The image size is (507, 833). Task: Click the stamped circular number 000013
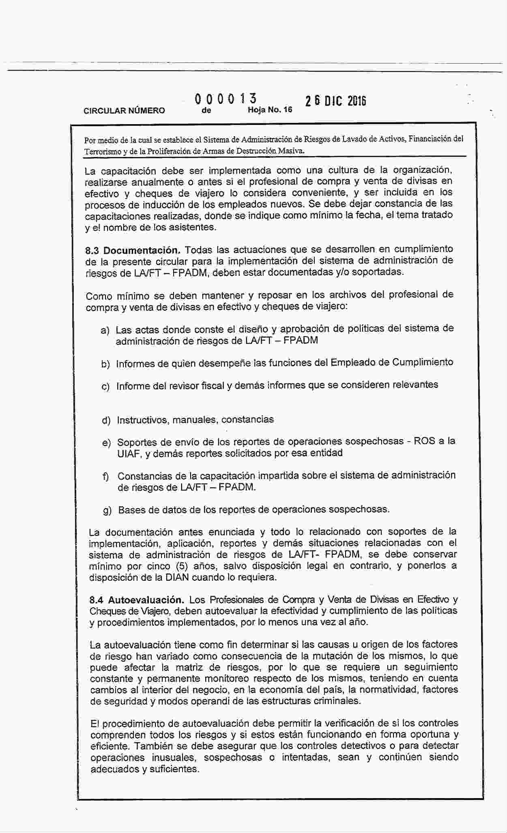(226, 99)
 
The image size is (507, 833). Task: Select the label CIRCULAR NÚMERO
(124, 110)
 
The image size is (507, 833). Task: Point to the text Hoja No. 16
(270, 110)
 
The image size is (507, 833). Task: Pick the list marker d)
(106, 420)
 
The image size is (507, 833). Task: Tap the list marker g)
(107, 511)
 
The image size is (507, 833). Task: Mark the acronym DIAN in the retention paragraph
(177, 577)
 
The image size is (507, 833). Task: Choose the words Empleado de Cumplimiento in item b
(392, 362)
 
